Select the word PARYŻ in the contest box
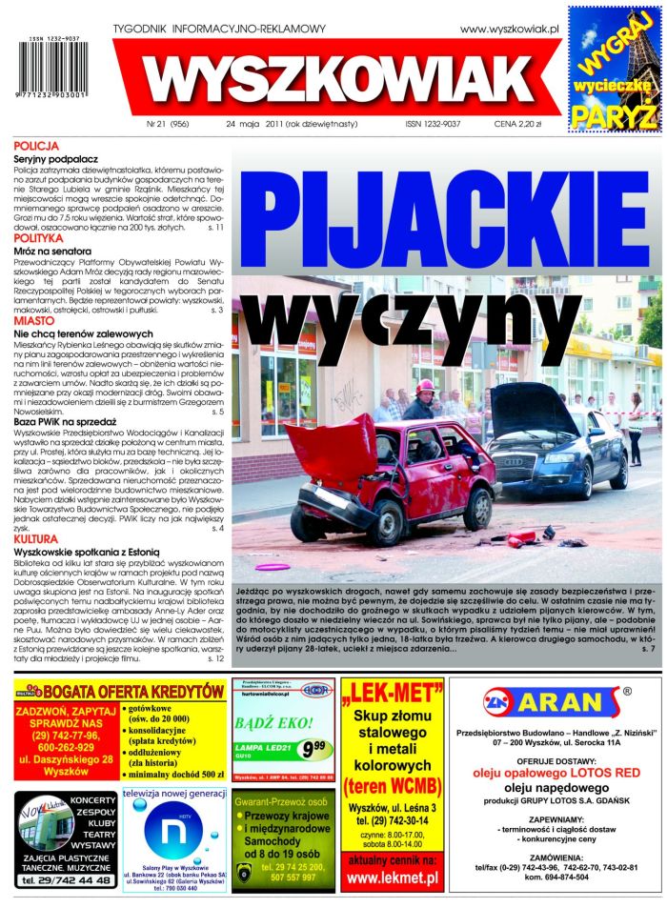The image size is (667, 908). pyautogui.click(x=614, y=114)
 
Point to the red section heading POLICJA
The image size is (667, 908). pyautogui.click(x=36, y=146)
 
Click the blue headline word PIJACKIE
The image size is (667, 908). pyautogui.click(x=443, y=220)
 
